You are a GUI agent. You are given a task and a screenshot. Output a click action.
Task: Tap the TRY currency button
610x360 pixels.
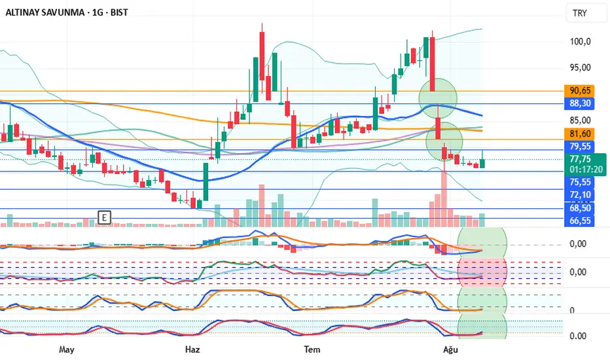pos(580,13)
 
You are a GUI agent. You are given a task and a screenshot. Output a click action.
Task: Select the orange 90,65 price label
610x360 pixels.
pos(581,90)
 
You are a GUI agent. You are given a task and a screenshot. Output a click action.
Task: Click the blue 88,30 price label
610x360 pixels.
pos(581,103)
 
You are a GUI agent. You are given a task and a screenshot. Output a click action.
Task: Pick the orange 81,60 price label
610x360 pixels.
pos(581,134)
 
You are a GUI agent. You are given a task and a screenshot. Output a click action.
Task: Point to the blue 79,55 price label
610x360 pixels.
pos(581,146)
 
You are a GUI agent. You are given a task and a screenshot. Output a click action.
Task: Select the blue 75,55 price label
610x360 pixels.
pos(581,183)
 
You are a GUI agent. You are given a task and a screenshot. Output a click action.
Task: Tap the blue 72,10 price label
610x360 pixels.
pos(581,195)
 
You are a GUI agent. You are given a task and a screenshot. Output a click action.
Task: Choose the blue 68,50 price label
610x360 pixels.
pos(581,208)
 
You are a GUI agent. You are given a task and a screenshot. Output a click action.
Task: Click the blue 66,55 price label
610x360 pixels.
pos(581,221)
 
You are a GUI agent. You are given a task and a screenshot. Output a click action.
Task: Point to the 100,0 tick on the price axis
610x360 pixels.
pos(581,41)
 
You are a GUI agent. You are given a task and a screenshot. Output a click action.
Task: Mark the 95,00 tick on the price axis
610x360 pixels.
pos(581,67)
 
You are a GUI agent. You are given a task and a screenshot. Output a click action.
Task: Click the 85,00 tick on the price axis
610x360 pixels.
pos(581,120)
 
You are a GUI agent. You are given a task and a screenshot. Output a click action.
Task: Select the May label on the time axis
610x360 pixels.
pos(67,349)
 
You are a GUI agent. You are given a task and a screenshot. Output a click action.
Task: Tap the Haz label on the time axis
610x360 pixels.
pos(192,349)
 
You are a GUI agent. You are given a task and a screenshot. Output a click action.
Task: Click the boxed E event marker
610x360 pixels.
pos(103,217)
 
